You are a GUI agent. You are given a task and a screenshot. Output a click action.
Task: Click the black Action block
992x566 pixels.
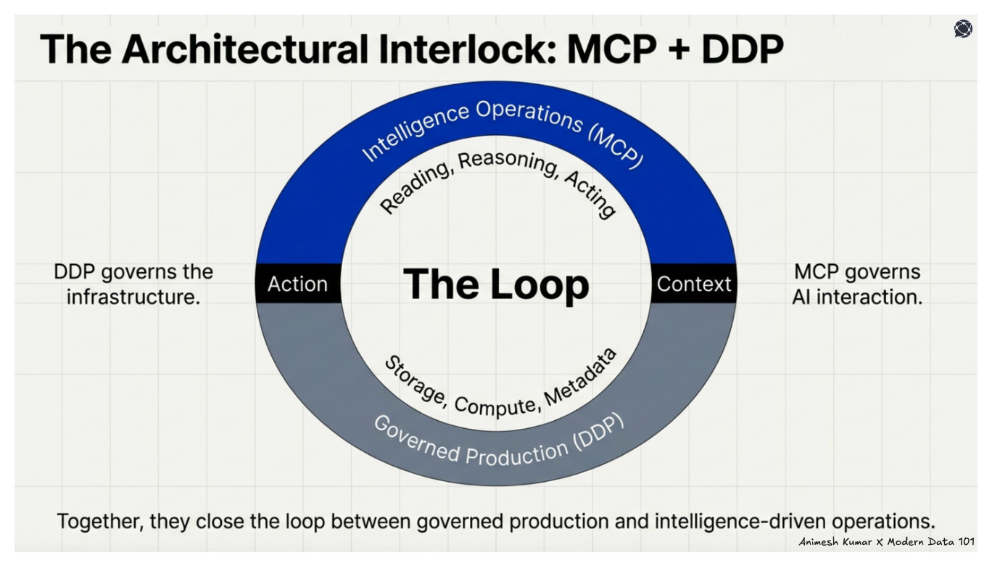click(x=297, y=284)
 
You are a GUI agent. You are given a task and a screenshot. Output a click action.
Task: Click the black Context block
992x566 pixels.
click(x=694, y=284)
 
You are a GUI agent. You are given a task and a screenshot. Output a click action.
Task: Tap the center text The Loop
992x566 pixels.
click(x=496, y=284)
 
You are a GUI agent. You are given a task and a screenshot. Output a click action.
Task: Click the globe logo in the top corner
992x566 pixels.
click(x=963, y=29)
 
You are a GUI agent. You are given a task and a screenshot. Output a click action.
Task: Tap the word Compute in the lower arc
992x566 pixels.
click(x=495, y=406)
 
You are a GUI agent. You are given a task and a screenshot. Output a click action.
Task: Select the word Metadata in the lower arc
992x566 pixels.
click(x=580, y=377)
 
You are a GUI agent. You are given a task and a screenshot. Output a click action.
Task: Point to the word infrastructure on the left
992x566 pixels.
click(x=133, y=297)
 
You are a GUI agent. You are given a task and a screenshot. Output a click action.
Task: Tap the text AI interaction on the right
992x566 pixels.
click(x=857, y=297)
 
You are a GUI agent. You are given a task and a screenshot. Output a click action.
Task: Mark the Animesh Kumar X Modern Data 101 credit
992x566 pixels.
click(x=886, y=542)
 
